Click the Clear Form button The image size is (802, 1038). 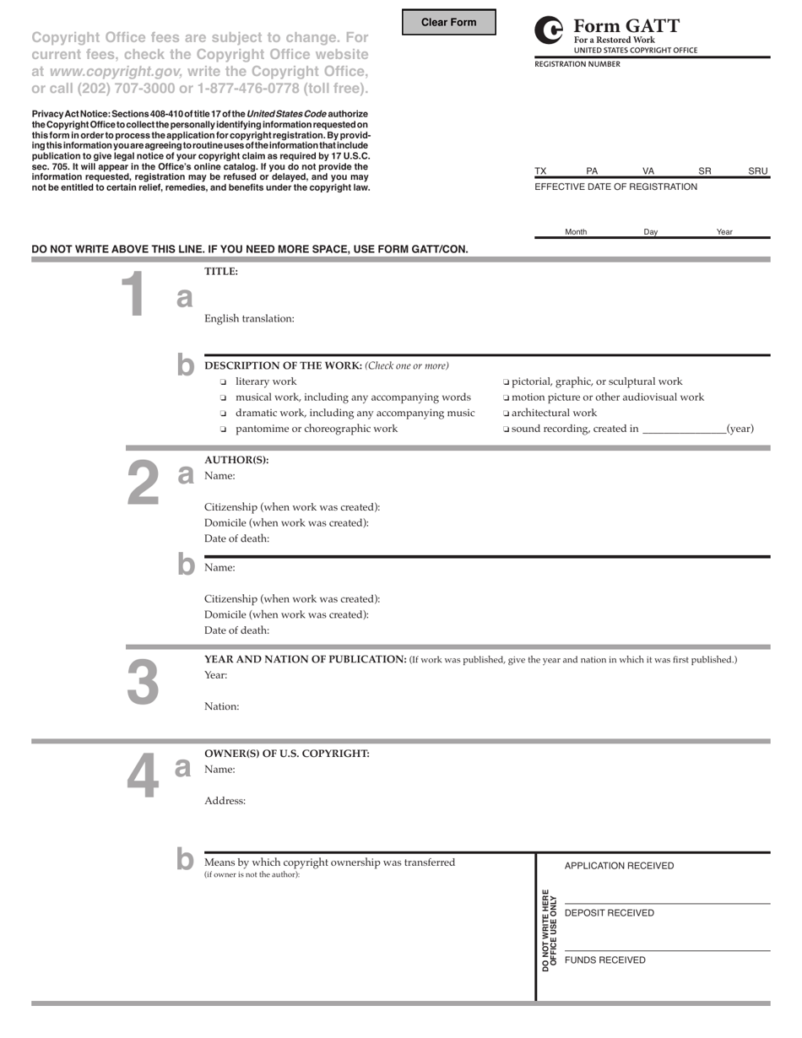click(x=448, y=23)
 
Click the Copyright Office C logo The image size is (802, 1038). click(x=550, y=31)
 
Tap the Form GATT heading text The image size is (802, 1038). click(x=626, y=26)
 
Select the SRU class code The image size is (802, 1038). click(x=757, y=171)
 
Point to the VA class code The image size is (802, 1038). click(x=648, y=171)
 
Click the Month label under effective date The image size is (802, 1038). click(x=576, y=232)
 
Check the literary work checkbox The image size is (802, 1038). click(x=224, y=382)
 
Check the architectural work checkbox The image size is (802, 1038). click(x=506, y=414)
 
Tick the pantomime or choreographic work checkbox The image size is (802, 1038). click(x=224, y=430)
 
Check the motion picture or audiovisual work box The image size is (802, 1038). click(x=506, y=397)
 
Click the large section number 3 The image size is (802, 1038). click(x=142, y=681)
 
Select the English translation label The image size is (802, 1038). click(x=249, y=319)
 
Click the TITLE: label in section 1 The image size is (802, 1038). click(x=221, y=272)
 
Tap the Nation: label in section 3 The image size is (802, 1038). click(x=221, y=706)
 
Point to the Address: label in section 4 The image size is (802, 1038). click(x=225, y=801)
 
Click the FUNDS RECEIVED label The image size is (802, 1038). click(x=604, y=960)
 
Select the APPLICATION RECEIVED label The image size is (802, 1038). click(x=619, y=866)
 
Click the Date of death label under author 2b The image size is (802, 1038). click(x=236, y=630)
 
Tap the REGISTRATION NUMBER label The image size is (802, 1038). click(x=577, y=64)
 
